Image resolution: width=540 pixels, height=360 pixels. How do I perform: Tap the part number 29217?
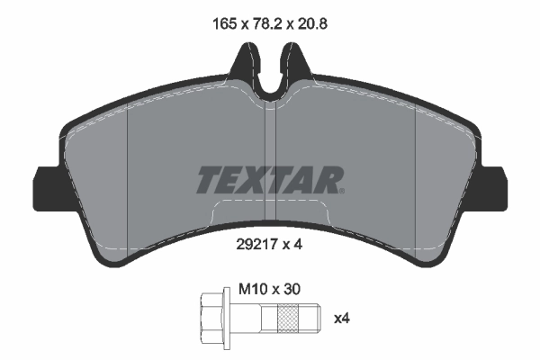pyautogui.click(x=255, y=242)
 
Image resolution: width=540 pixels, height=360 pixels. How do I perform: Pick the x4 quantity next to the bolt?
pyautogui.click(x=342, y=318)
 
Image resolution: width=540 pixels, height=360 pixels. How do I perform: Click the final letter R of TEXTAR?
pyautogui.click(x=330, y=180)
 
